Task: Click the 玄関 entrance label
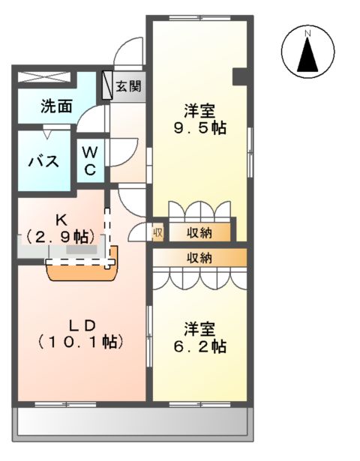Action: pos(129,86)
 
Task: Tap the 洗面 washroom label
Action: pos(56,106)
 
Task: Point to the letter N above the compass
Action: pos(307,33)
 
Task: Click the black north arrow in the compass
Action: pos(307,54)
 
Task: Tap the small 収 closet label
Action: pos(158,232)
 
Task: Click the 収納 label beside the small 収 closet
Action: pos(199,232)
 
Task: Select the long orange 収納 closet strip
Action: pos(199,258)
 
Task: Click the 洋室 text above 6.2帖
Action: pos(199,328)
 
